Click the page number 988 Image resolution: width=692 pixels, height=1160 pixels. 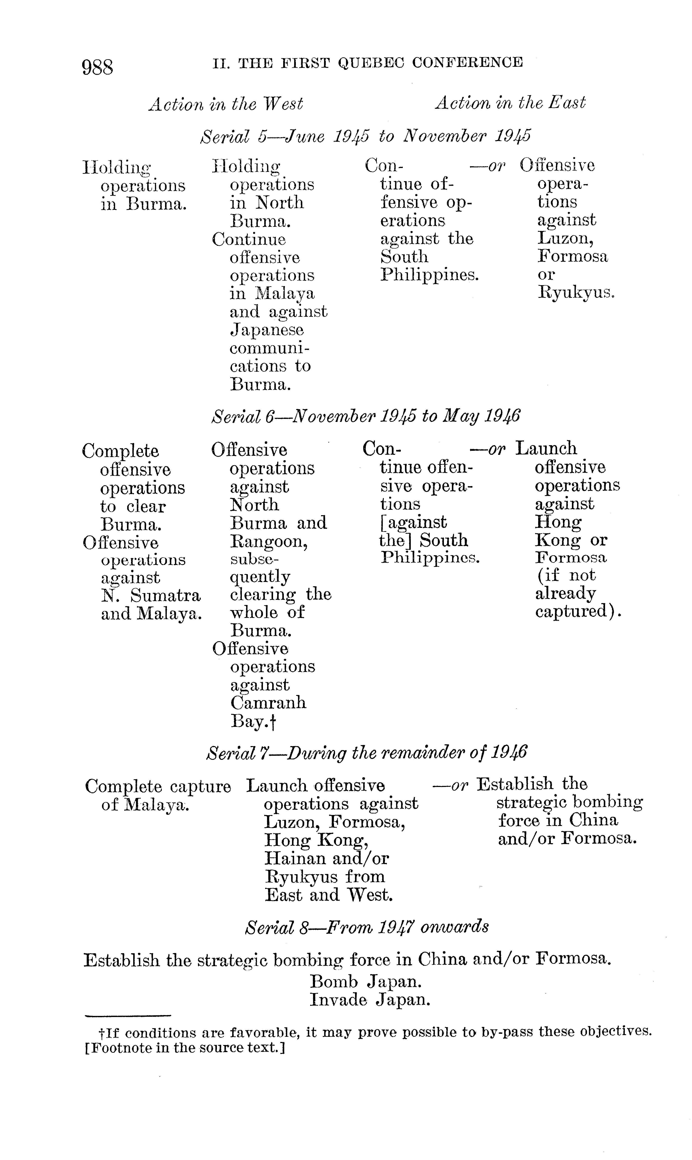(x=97, y=67)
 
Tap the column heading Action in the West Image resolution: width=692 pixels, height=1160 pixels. (x=226, y=104)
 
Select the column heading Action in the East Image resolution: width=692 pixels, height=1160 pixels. (x=510, y=103)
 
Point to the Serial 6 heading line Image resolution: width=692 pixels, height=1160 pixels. (x=366, y=416)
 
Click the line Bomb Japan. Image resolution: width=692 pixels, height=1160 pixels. (x=366, y=982)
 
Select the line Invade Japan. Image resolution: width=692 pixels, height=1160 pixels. (x=370, y=1000)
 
